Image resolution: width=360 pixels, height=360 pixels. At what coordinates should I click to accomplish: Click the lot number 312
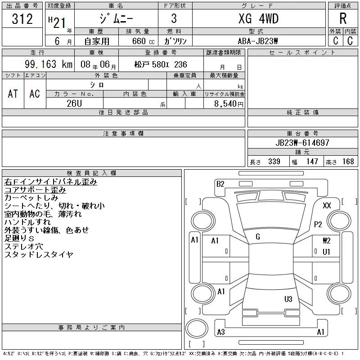click(22, 19)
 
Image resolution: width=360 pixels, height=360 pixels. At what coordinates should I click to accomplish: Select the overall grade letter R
click(343, 18)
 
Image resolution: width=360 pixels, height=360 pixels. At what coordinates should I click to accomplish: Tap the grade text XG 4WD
click(258, 18)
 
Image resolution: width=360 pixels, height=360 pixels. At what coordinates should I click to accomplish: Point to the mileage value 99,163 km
click(49, 64)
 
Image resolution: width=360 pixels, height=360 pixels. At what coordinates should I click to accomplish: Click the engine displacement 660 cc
click(143, 41)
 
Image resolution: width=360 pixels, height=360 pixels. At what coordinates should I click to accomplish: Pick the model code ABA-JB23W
click(258, 41)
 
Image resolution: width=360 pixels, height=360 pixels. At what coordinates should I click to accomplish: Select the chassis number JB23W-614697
click(302, 143)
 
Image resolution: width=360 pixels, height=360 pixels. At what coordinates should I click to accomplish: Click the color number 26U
click(74, 103)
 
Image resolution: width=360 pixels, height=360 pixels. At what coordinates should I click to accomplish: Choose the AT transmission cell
click(13, 94)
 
